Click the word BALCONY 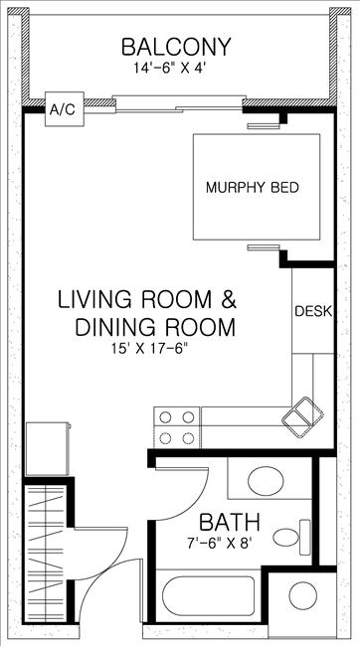(x=176, y=47)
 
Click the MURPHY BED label (x=252, y=187)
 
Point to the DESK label (x=313, y=311)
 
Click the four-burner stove (x=176, y=427)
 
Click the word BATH (x=229, y=522)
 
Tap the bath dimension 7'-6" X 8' (x=228, y=544)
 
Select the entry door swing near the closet (x=99, y=552)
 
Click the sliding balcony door (x=179, y=99)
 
